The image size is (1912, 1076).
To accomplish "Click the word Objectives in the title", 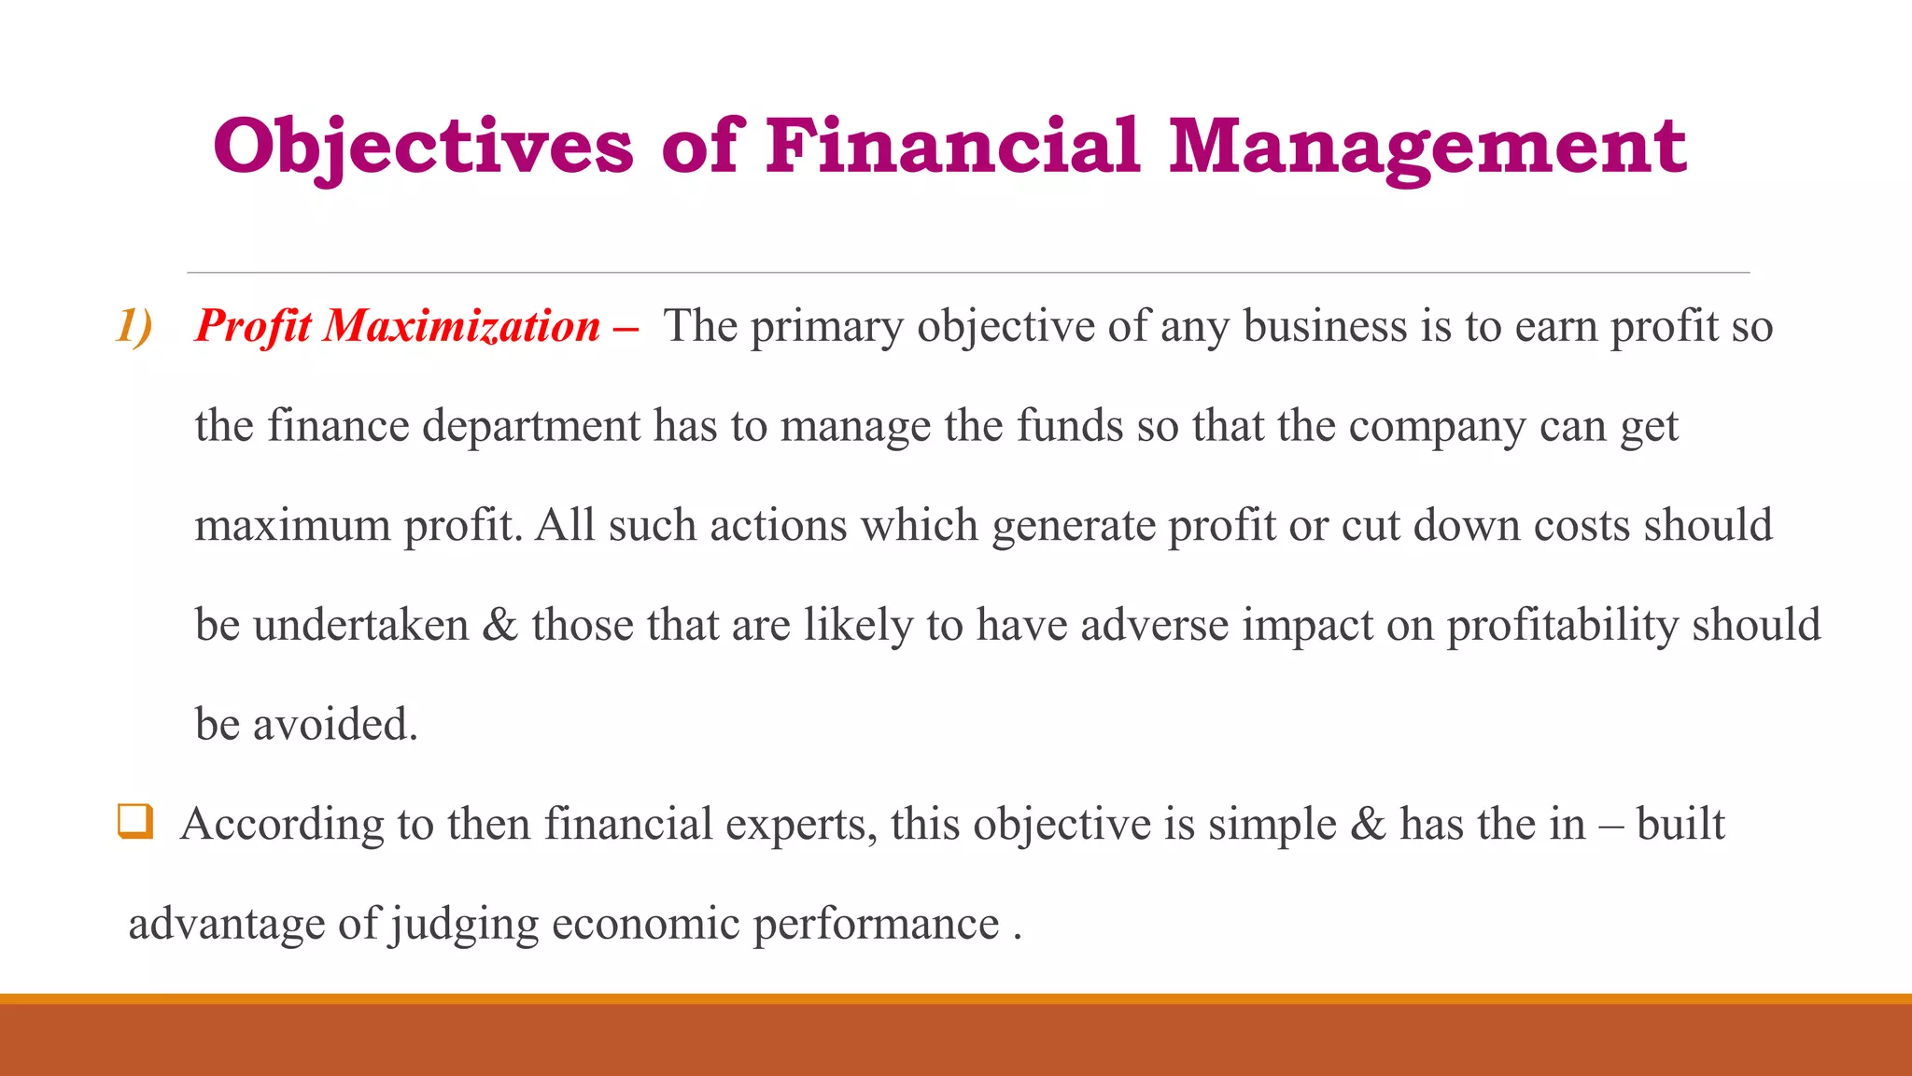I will [x=423, y=147].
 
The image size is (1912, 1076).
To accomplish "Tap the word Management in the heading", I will [x=1427, y=147].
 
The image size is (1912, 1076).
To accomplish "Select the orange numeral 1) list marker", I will [x=134, y=327].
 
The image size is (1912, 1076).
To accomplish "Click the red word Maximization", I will [x=462, y=327].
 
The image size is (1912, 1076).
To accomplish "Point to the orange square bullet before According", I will [x=134, y=822].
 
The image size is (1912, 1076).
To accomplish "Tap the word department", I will [x=530, y=428].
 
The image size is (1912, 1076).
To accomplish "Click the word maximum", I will [x=292, y=526].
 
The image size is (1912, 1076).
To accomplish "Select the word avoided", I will [x=335, y=725].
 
